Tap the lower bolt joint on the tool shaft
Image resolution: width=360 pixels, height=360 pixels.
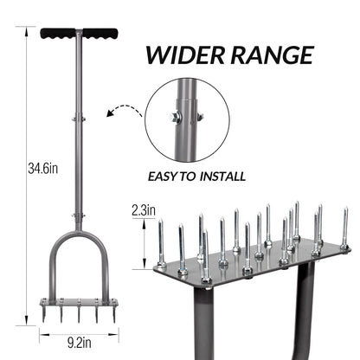click(75, 218)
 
